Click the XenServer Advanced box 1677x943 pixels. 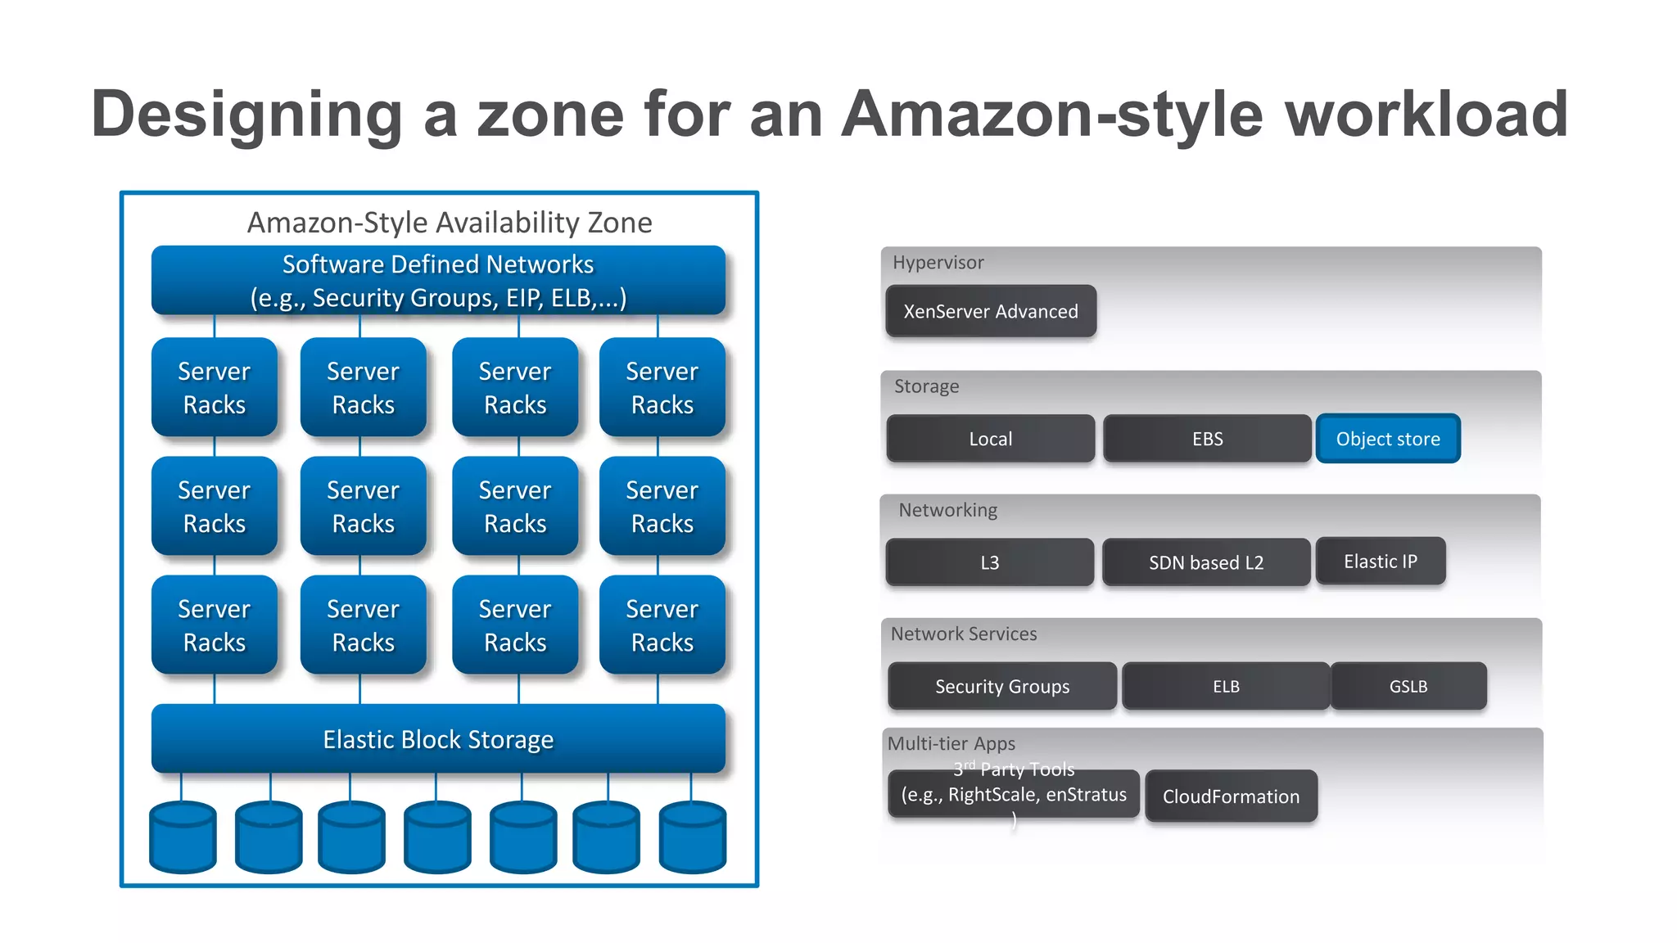pyautogui.click(x=991, y=311)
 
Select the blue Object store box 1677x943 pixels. pyautogui.click(x=1388, y=439)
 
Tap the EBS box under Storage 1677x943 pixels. pyautogui.click(x=1207, y=439)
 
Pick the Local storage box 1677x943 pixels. pyautogui.click(x=990, y=439)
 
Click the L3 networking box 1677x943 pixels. pyautogui.click(x=989, y=562)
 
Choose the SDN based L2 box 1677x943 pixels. pyautogui.click(x=1205, y=562)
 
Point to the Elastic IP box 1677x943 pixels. pyautogui.click(x=1380, y=561)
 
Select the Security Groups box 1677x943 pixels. pyautogui.click(x=1001, y=686)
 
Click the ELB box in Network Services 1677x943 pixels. pyautogui.click(x=1225, y=686)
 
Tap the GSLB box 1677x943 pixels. pyautogui.click(x=1408, y=686)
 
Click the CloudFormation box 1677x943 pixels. pyautogui.click(x=1231, y=796)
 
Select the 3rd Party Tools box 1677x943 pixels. pyautogui.click(x=1013, y=794)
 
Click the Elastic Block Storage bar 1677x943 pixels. pyautogui.click(x=438, y=739)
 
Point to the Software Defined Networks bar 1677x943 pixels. pyautogui.click(x=438, y=281)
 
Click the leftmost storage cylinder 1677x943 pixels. pyautogui.click(x=183, y=837)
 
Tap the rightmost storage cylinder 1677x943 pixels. pyautogui.click(x=693, y=837)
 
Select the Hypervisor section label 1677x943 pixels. pyautogui.click(x=938, y=263)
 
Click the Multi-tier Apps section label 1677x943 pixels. pyautogui.click(x=951, y=743)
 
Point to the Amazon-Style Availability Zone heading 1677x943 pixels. pyautogui.click(x=450, y=223)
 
